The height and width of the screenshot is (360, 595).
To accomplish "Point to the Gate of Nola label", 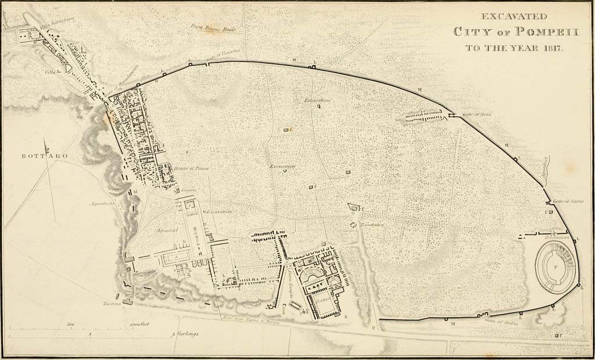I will pos(478,114).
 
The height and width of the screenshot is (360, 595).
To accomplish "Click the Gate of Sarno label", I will pos(572,201).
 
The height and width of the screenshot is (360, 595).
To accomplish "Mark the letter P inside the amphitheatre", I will pos(555,267).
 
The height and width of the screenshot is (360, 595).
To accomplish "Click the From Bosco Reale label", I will pos(213,27).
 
